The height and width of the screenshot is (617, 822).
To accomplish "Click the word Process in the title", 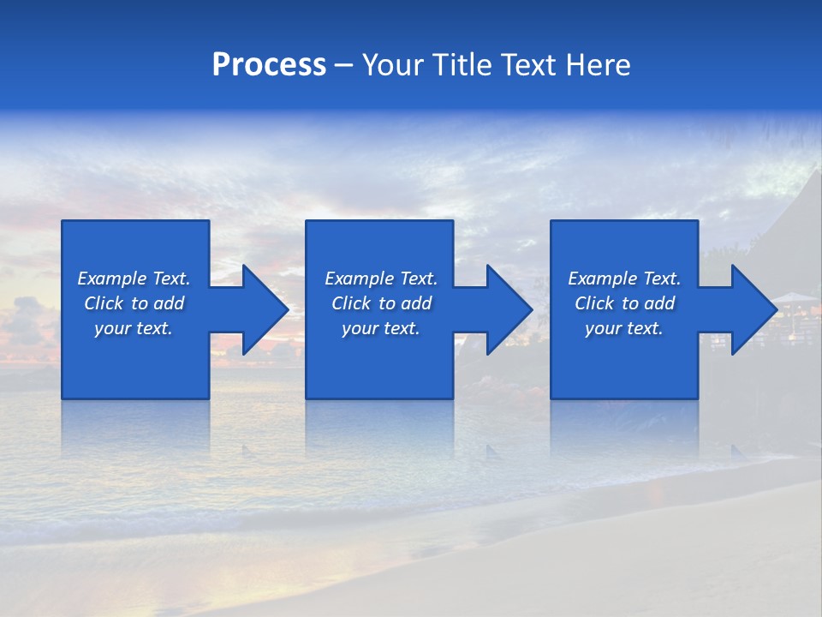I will pyautogui.click(x=269, y=65).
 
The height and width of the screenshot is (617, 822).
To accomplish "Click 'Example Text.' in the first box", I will pyautogui.click(x=134, y=279).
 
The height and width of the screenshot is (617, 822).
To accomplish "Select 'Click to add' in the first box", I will pyautogui.click(x=134, y=303).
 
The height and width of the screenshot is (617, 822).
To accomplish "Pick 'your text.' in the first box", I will pyautogui.click(x=134, y=328).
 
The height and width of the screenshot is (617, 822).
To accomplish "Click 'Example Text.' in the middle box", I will pyautogui.click(x=381, y=279).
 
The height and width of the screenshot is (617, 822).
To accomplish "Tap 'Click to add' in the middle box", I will pyautogui.click(x=381, y=303).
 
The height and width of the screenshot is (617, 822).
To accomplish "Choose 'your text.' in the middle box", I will pyautogui.click(x=381, y=328).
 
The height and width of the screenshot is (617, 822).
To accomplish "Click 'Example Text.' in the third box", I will pyautogui.click(x=624, y=279).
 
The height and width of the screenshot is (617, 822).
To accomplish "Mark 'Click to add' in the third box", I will pyautogui.click(x=624, y=303).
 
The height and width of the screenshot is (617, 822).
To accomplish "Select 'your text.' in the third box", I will pyautogui.click(x=624, y=328).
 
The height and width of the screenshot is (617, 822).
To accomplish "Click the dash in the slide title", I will pyautogui.click(x=343, y=66).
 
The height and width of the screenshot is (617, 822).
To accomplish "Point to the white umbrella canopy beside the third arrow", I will pyautogui.click(x=795, y=297).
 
